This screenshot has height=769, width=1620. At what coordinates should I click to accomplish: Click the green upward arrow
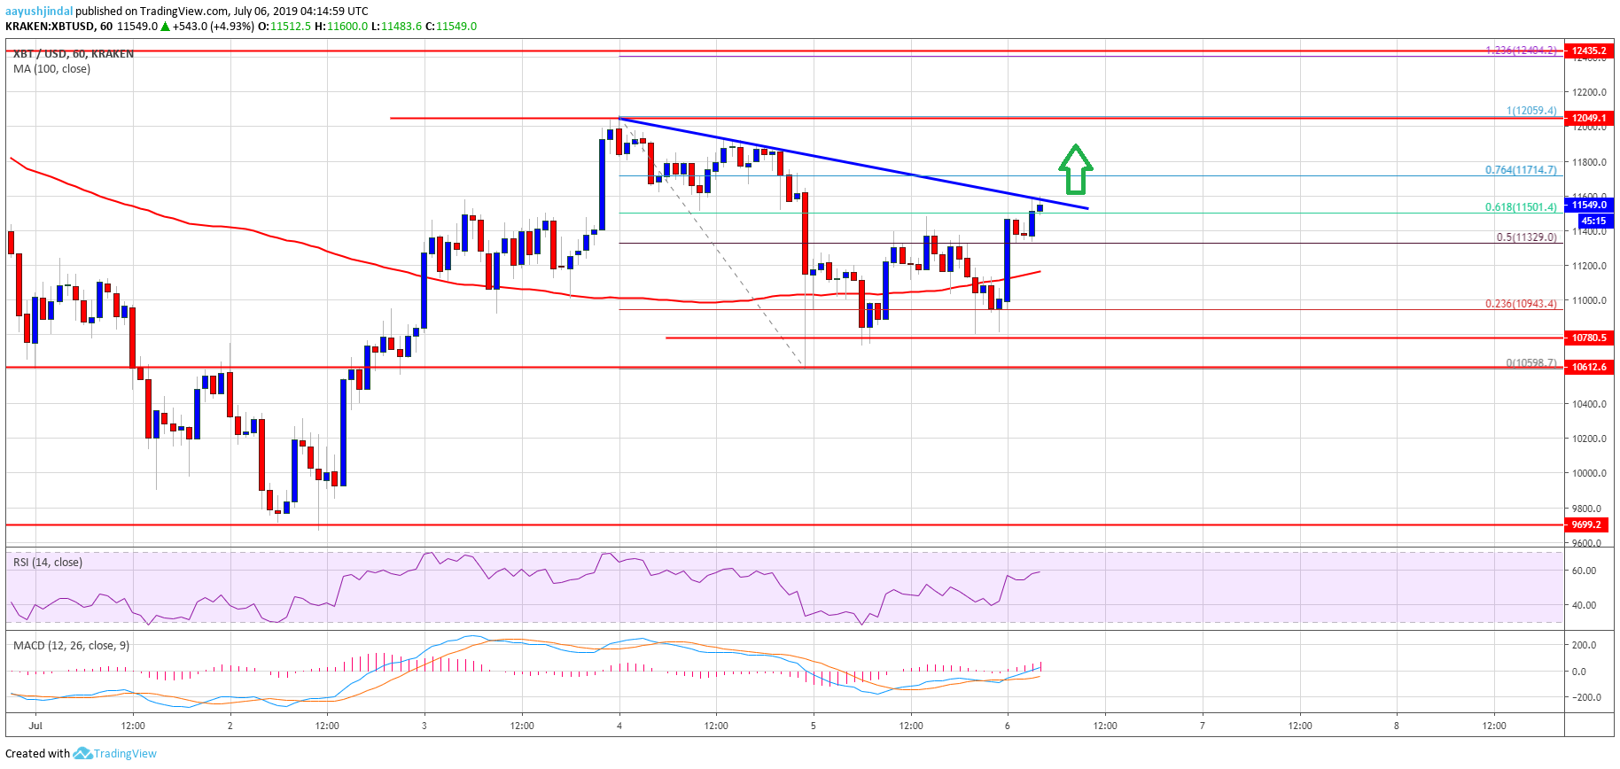tap(1075, 169)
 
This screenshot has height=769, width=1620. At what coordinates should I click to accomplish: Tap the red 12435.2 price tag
tap(1589, 50)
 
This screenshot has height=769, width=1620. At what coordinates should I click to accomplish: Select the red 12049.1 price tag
tap(1589, 118)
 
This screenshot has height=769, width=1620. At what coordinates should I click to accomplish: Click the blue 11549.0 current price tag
tap(1589, 205)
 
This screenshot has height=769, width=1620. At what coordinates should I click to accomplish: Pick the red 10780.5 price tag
tap(1589, 338)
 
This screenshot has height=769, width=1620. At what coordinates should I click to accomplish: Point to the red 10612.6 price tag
tap(1589, 367)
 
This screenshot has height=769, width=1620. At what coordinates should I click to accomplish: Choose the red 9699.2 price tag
tap(1589, 524)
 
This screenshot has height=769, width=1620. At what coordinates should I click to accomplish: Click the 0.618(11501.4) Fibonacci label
tap(1520, 207)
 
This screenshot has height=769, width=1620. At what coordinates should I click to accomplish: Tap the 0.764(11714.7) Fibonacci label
tap(1520, 170)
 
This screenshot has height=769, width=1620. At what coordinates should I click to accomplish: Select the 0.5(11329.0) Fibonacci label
tap(1525, 237)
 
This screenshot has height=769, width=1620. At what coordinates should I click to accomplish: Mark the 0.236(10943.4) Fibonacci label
tap(1520, 304)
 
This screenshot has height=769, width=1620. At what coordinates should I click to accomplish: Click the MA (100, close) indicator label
tap(51, 69)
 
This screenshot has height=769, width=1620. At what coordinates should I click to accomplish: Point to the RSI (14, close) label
tap(48, 563)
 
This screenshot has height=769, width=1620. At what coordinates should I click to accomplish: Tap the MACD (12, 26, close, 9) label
tap(71, 645)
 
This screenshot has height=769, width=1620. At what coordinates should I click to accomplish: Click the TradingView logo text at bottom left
tap(124, 754)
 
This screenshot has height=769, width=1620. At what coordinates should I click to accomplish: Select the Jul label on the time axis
tap(35, 726)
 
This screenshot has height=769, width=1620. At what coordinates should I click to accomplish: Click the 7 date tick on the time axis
tap(1203, 726)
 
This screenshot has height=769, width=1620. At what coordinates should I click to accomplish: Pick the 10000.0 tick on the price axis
tap(1589, 473)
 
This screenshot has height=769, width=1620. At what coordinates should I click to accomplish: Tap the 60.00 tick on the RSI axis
tap(1584, 571)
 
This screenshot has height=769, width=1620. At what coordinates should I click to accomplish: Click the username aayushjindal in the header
tap(39, 12)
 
